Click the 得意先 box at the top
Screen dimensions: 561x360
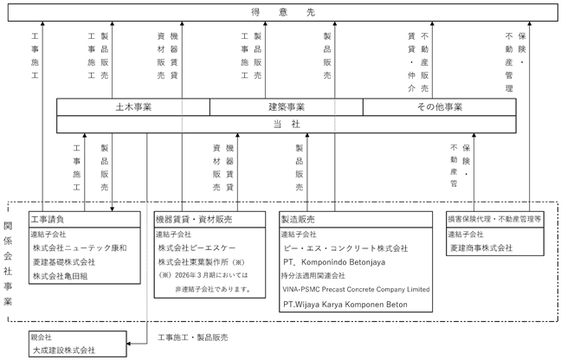pyautogui.click(x=282, y=12)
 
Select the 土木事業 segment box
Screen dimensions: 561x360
pyautogui.click(x=133, y=107)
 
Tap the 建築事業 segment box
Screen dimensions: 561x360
pyautogui.click(x=287, y=107)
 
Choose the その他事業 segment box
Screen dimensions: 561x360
pyautogui.click(x=439, y=107)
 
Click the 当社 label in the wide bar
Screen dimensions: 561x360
pyautogui.click(x=287, y=124)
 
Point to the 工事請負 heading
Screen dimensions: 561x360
pyautogui.click(x=48, y=219)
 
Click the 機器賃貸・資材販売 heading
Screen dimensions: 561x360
pyautogui.click(x=194, y=219)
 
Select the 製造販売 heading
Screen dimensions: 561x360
pyautogui.click(x=298, y=219)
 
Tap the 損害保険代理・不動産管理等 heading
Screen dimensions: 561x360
pyautogui.click(x=495, y=219)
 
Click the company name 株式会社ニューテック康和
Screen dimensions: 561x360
pyautogui.click(x=80, y=247)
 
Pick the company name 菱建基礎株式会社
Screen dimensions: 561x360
pyautogui.click(x=64, y=262)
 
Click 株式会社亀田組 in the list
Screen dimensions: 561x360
pyautogui.click(x=60, y=276)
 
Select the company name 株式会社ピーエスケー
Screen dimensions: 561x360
pyautogui.click(x=197, y=247)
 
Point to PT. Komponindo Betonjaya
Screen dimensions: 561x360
pyautogui.click(x=334, y=262)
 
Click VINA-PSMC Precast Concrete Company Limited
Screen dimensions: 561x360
pyautogui.click(x=356, y=289)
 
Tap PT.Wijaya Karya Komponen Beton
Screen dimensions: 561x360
pyautogui.click(x=345, y=305)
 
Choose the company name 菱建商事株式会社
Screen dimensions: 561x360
pyautogui.click(x=481, y=247)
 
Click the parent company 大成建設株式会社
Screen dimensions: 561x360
pyautogui.click(x=64, y=350)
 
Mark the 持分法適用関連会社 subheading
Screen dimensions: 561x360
pyautogui.click(x=313, y=276)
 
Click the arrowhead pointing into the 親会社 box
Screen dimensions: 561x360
pyautogui.click(x=129, y=344)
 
